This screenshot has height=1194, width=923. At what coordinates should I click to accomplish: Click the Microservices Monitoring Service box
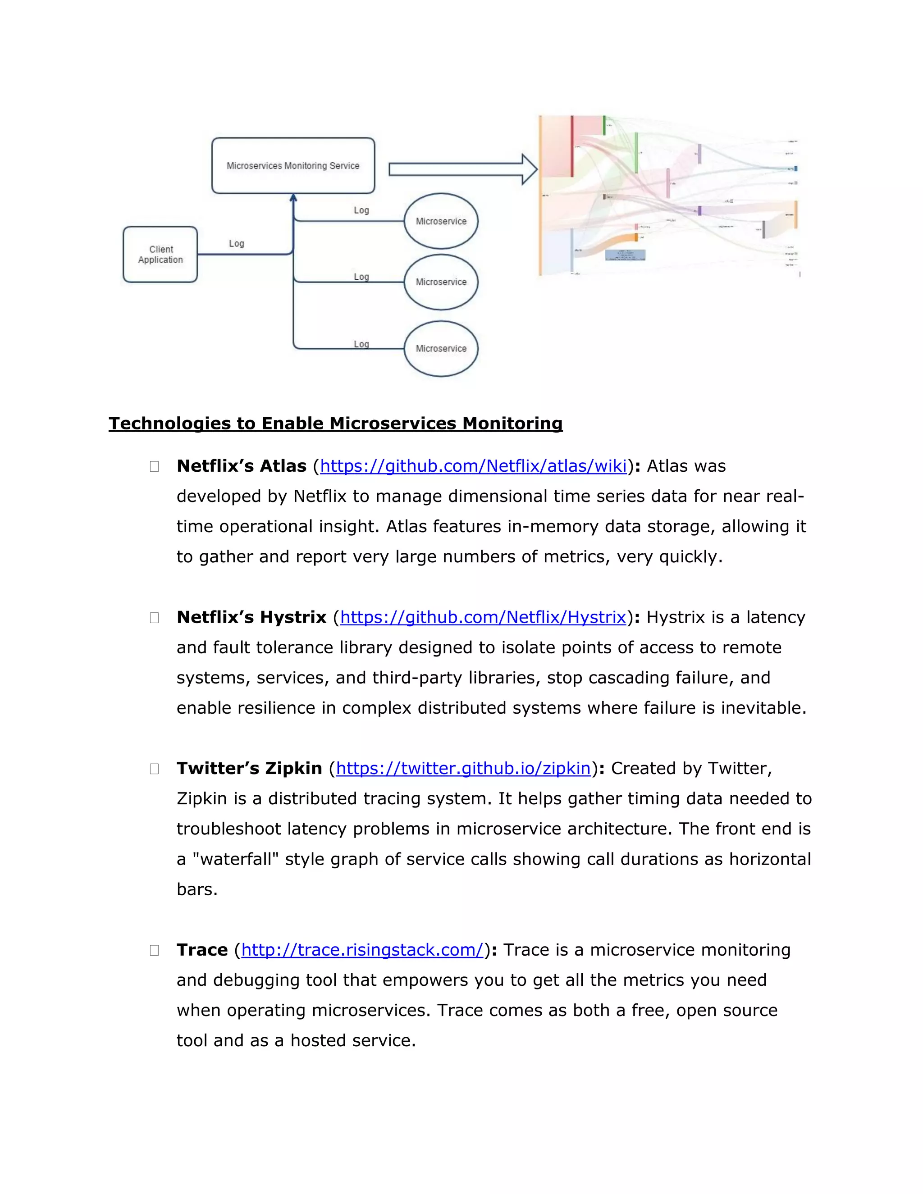coord(293,166)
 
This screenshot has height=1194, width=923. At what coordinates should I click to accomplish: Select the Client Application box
coord(160,255)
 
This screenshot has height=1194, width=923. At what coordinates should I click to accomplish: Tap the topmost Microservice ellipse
coord(441,221)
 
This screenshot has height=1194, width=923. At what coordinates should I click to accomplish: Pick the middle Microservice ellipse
coord(441,282)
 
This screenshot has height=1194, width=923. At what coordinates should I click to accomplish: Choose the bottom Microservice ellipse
coord(441,349)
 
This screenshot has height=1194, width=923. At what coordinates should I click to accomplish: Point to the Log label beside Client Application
coord(236,244)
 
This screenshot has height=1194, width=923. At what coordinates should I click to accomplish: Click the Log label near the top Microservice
coord(361,210)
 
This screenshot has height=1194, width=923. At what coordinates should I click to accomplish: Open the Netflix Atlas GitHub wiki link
coord(473,466)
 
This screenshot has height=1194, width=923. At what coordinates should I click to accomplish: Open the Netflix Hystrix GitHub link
coord(483,617)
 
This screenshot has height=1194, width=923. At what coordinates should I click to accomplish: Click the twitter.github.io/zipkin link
coord(463,769)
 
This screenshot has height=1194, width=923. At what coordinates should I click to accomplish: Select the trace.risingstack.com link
coord(362,950)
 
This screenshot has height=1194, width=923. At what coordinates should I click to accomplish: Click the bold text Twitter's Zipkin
coord(249,769)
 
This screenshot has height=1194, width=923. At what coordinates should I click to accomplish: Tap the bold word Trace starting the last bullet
coord(202,950)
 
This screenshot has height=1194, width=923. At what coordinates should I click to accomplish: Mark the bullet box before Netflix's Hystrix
coord(154,618)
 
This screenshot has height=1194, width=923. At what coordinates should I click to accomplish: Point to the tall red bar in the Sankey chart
coord(572,146)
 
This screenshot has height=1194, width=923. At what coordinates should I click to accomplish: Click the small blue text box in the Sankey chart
coord(625,255)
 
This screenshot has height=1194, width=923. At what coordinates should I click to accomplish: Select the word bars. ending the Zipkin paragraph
coord(197,889)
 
